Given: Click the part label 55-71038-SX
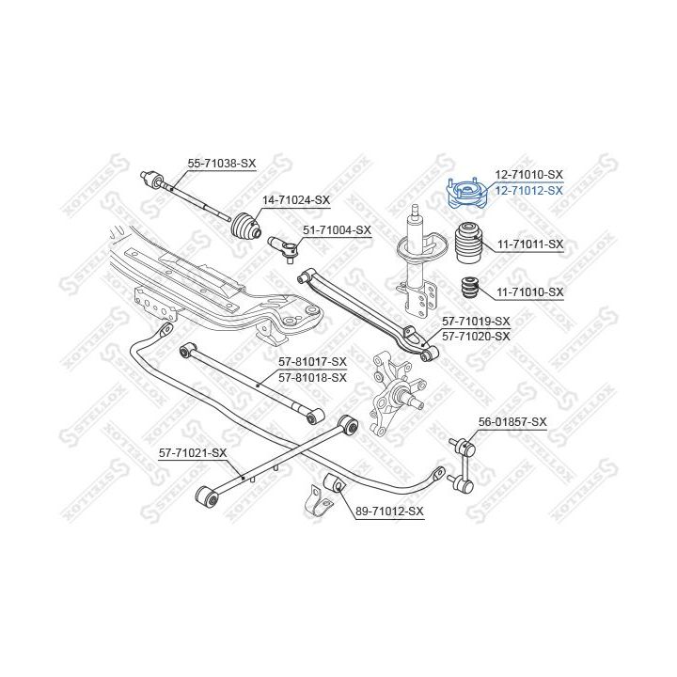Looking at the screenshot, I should pos(222,164).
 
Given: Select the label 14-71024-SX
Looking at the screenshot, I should pos(296,199).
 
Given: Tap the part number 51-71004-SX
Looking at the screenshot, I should pos(337,229).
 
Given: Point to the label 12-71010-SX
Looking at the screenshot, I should pos(529,175).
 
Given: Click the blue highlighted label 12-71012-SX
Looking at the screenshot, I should pos(529,190).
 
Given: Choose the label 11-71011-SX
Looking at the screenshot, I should pos(530,244).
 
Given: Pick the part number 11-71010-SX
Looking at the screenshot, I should pos(530,292).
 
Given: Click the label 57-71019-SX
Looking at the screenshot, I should pos(477,322).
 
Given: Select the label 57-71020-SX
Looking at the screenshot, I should pos(477,336).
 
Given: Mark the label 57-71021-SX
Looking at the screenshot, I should pos(194,453).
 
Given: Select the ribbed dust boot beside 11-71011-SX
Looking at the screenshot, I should pos(469,243).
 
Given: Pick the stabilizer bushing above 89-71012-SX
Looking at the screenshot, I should pos(336,484).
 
